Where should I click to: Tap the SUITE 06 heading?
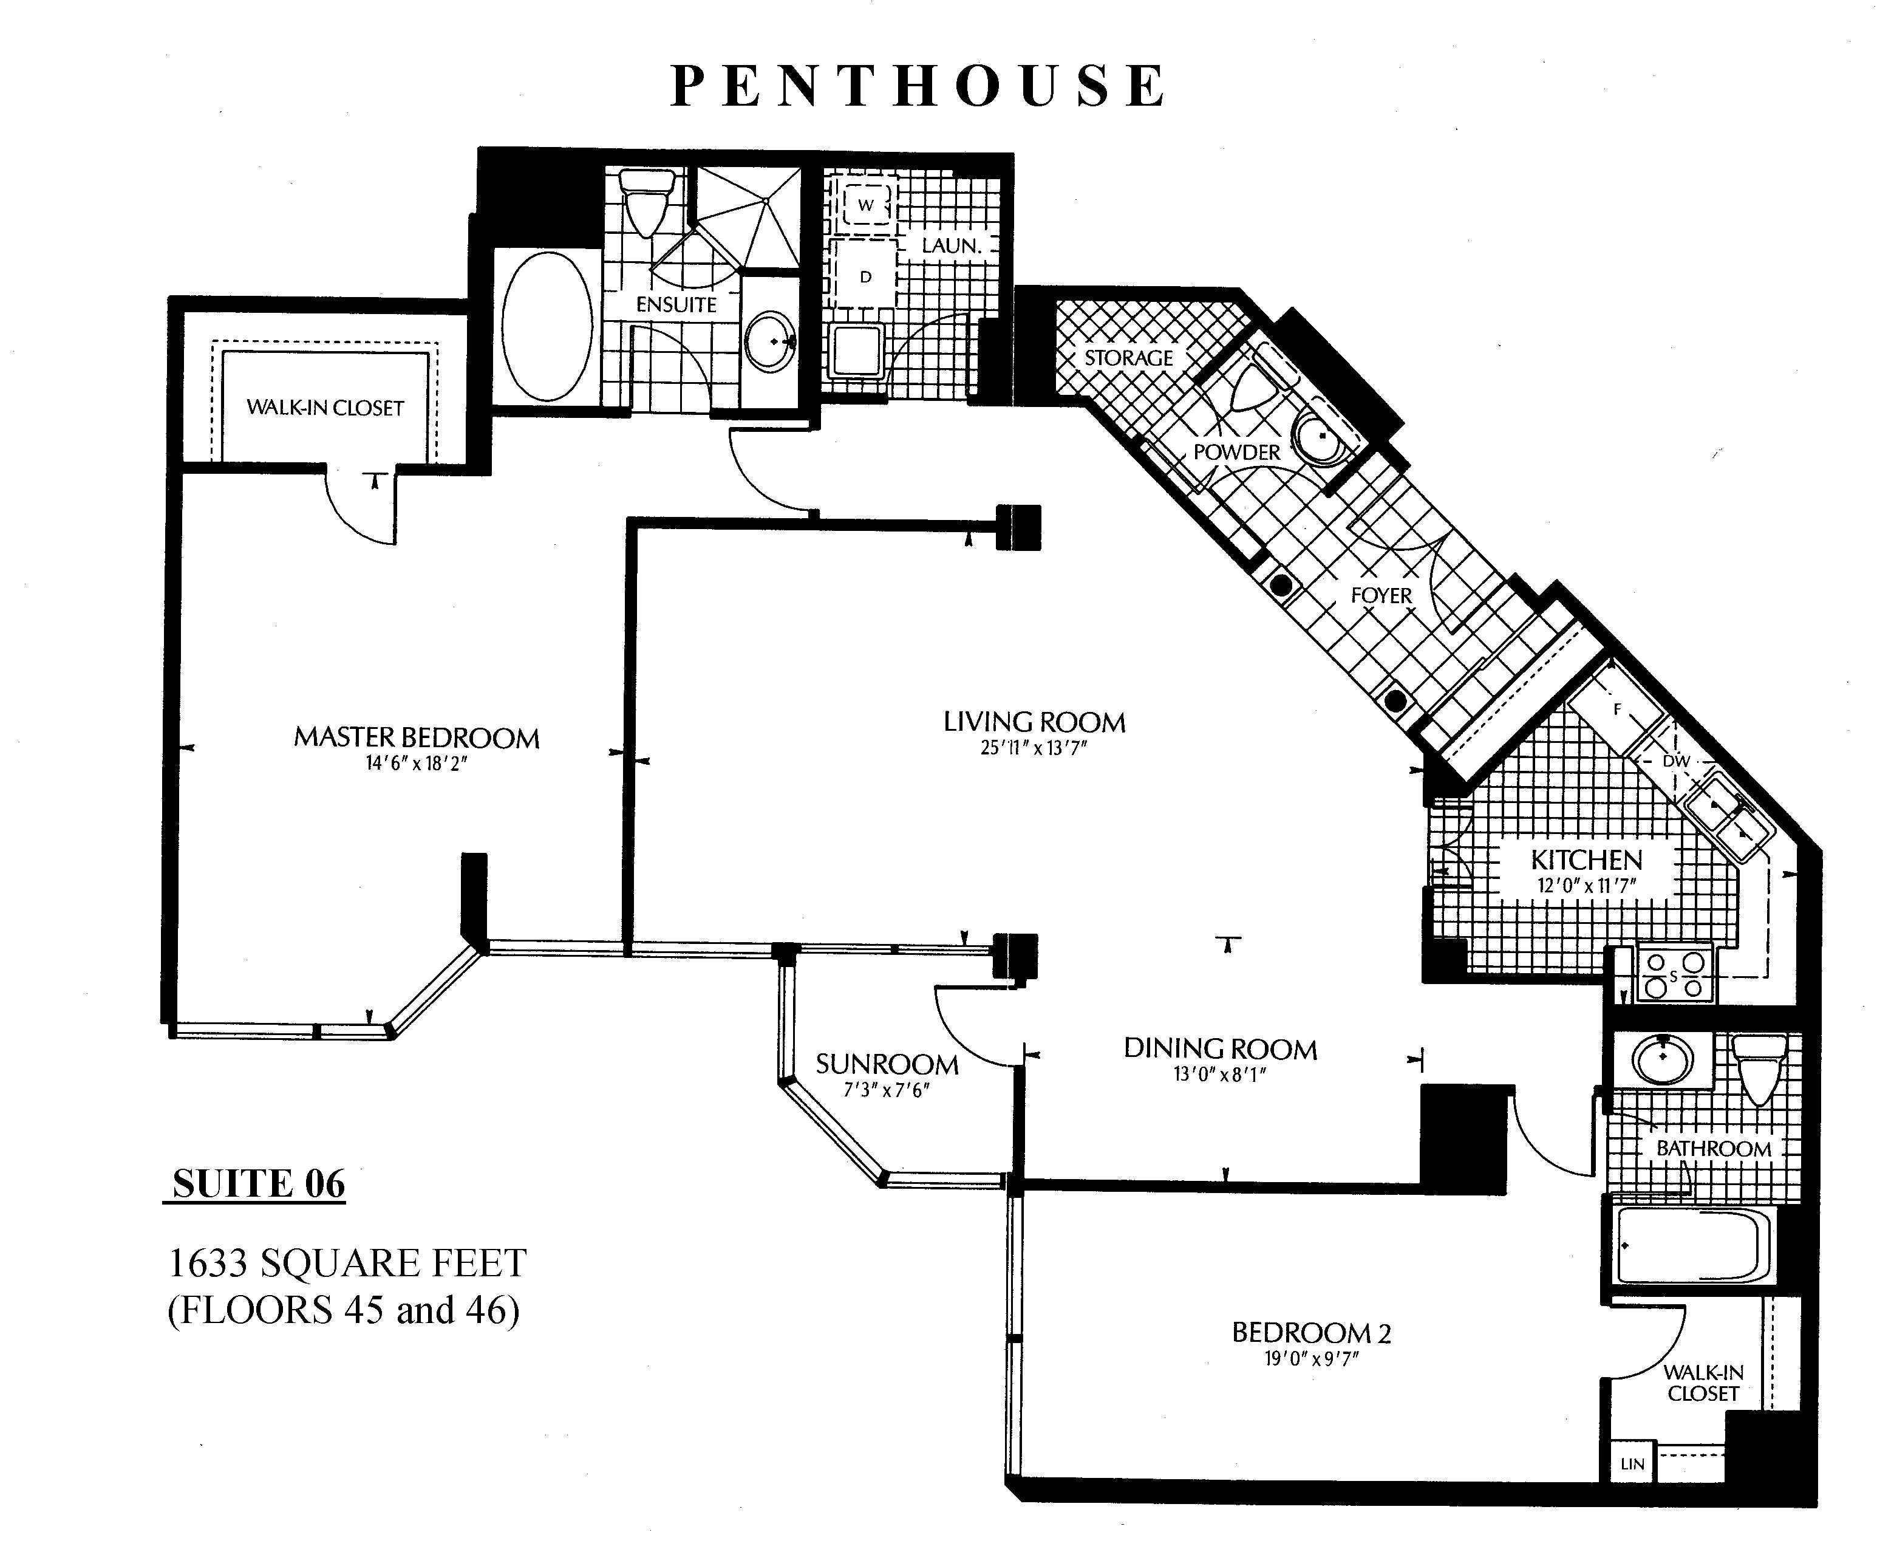click(x=259, y=1184)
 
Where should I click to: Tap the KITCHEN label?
click(x=1586, y=860)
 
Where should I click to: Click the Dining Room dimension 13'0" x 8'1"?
click(x=1219, y=1075)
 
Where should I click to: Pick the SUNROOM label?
click(x=887, y=1064)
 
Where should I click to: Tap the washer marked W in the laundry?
click(x=865, y=205)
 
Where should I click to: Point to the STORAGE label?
click(x=1128, y=358)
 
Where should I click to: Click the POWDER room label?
click(x=1236, y=453)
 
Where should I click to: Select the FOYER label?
click(x=1381, y=595)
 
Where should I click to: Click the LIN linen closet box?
click(x=1632, y=1464)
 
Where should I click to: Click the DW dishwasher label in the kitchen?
click(x=1676, y=761)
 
